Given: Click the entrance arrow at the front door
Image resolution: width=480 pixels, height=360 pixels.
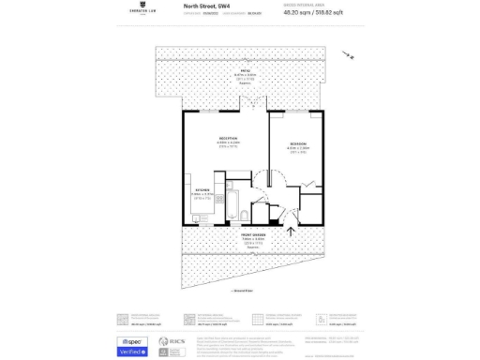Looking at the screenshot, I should (x=290, y=231).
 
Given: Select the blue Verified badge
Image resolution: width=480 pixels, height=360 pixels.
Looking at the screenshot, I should (x=132, y=352).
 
